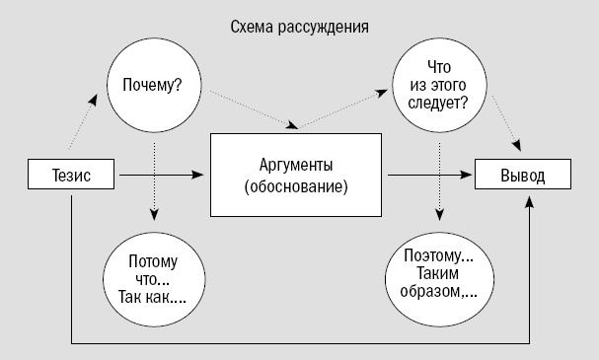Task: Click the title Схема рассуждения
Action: pos(299,27)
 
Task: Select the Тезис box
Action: pos(71,176)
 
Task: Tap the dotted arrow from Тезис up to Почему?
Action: pos(88,126)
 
